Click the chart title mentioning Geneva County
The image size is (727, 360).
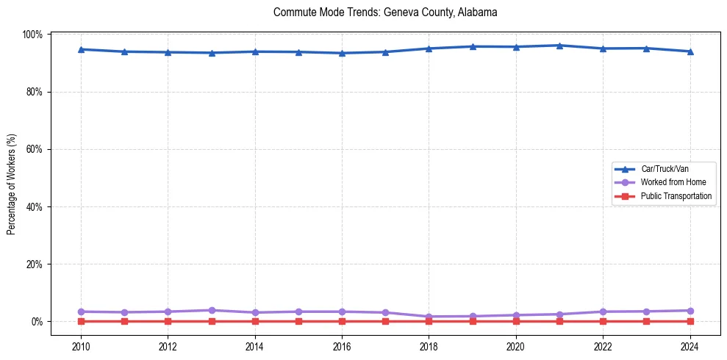(385, 12)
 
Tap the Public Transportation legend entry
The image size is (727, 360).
(676, 196)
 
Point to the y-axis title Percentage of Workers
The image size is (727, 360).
(11, 184)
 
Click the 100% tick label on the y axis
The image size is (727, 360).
(33, 35)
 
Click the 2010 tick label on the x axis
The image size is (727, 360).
(81, 345)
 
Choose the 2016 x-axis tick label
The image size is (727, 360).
(342, 345)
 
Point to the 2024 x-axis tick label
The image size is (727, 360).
(690, 345)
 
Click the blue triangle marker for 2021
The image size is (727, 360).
(559, 46)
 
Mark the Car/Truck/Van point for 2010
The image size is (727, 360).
(81, 49)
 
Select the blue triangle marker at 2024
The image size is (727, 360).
(690, 51)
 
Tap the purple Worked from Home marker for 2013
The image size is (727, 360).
(212, 310)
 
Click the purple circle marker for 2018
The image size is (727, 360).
(429, 317)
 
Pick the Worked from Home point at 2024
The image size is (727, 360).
(690, 311)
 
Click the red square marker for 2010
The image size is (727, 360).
(81, 321)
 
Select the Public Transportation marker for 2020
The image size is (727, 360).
(516, 321)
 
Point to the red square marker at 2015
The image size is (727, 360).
(298, 321)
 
